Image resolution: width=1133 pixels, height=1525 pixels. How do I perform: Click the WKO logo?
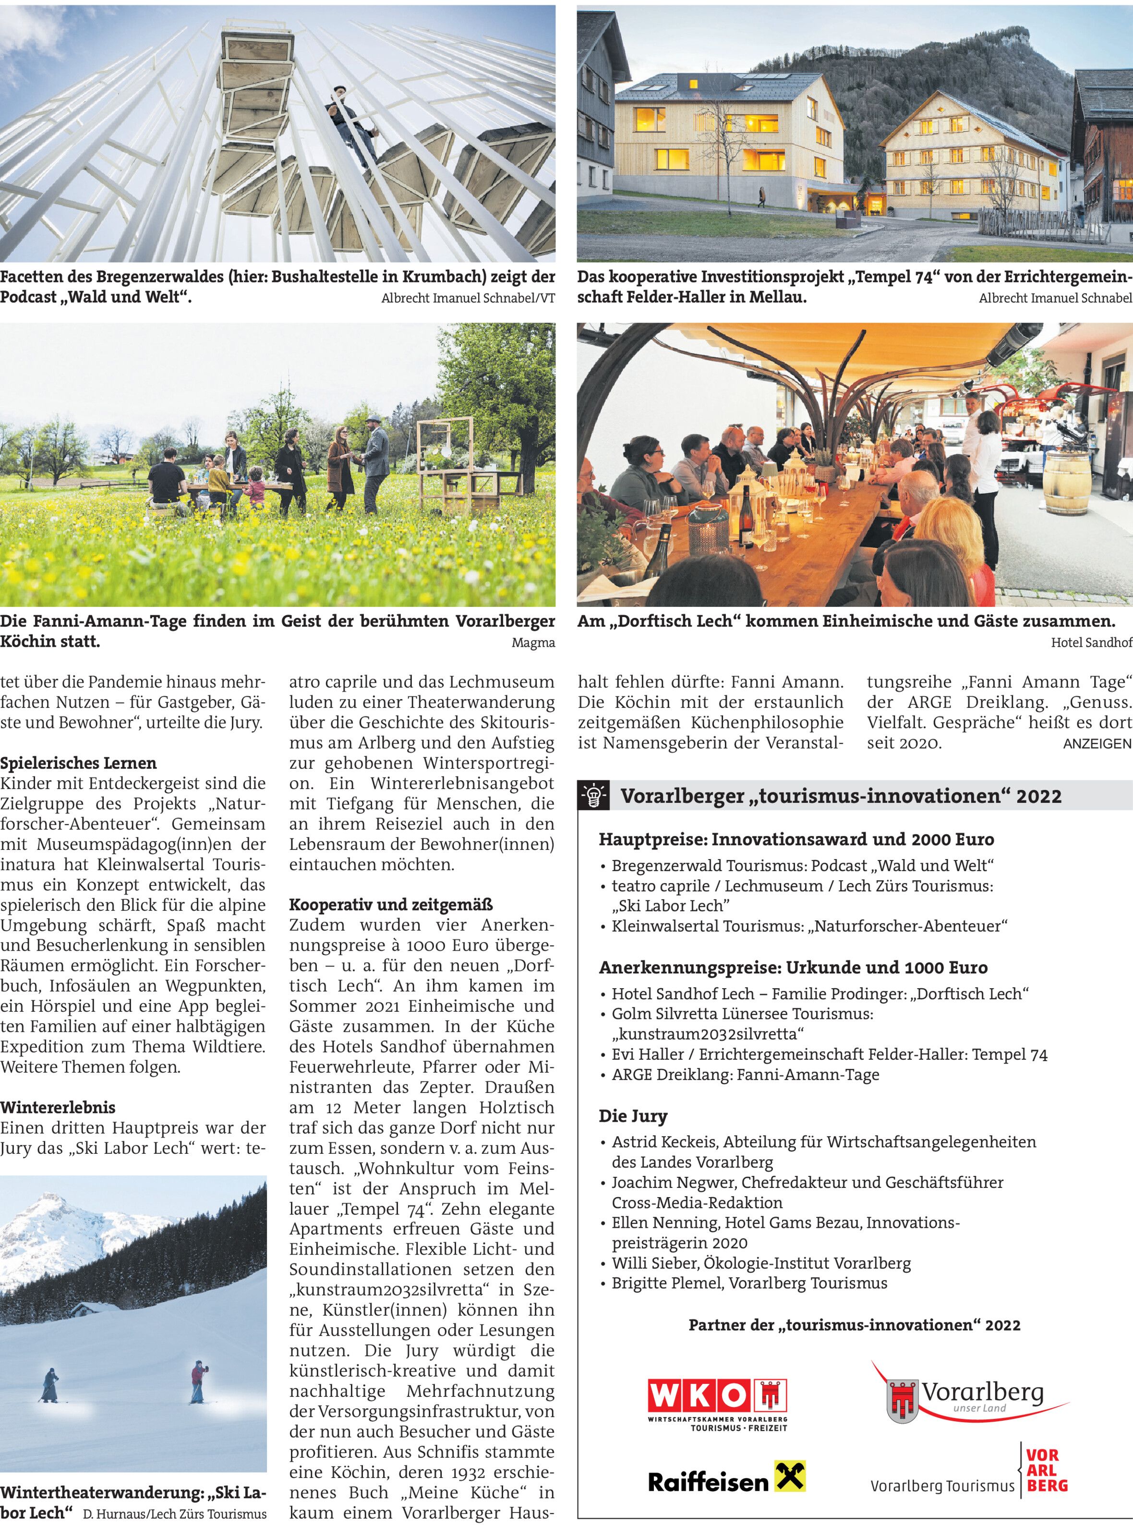(717, 1403)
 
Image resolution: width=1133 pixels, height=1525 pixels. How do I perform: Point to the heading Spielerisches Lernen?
(78, 763)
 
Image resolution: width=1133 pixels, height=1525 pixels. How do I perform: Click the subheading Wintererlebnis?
(58, 1107)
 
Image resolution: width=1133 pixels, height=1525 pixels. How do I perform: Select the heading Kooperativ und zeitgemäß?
(391, 904)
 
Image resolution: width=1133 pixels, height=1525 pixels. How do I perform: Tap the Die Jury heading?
(632, 1115)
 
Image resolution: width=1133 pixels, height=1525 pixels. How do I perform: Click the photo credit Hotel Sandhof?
(1091, 643)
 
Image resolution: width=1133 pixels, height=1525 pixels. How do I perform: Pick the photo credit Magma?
(533, 643)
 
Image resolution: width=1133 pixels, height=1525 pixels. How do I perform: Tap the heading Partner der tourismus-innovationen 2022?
(854, 1325)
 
